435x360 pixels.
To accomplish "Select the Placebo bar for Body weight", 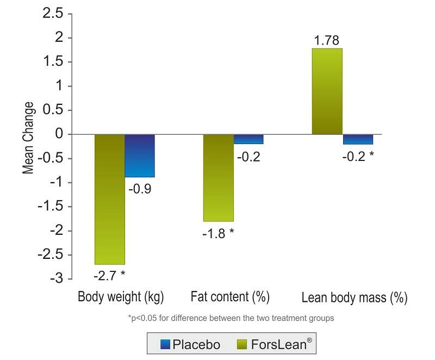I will [140, 156].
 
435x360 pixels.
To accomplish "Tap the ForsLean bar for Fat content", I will [219, 178].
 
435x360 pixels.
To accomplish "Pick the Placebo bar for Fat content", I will [248, 139].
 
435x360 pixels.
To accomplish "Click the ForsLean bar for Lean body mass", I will [327, 91].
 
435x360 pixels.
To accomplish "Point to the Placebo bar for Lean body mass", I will [358, 139].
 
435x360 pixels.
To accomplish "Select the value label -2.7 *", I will [109, 275].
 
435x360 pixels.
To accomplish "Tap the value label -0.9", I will [140, 190].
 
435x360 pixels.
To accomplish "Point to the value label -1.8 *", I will [218, 234].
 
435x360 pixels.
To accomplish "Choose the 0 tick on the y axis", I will [61, 134].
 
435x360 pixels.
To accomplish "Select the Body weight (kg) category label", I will [121, 297].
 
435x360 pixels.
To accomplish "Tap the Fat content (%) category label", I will [230, 297].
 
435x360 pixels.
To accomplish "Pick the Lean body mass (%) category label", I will [354, 298].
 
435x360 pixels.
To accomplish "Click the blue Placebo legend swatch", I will [166, 344].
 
